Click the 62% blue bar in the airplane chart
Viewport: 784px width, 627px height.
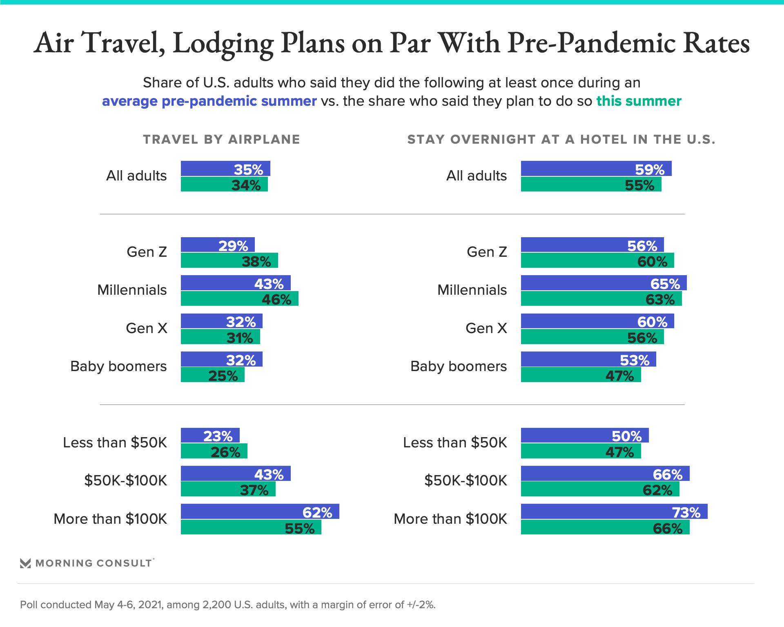260,511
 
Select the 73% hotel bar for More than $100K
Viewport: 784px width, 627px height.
614,511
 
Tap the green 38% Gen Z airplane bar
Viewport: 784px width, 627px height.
229,260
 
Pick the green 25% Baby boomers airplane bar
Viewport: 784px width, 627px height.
212,375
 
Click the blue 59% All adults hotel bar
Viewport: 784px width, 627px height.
596,169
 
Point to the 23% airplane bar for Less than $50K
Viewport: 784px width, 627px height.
210,435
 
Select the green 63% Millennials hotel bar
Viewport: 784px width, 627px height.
601,298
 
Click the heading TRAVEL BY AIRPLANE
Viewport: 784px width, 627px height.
221,140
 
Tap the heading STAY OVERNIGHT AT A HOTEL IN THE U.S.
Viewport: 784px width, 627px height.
561,140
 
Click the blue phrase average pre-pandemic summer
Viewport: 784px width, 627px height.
209,101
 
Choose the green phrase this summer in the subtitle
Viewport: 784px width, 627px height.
639,101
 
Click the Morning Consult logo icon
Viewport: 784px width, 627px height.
25,563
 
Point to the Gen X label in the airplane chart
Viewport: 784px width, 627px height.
147,328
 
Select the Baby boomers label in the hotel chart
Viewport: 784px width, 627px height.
459,366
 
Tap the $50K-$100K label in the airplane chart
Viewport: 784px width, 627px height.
125,480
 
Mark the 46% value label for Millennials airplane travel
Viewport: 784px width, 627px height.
276,300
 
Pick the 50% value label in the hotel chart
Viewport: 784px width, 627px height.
626,436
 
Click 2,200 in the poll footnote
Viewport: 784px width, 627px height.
216,605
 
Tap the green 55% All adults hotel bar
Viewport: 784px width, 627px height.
591,184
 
